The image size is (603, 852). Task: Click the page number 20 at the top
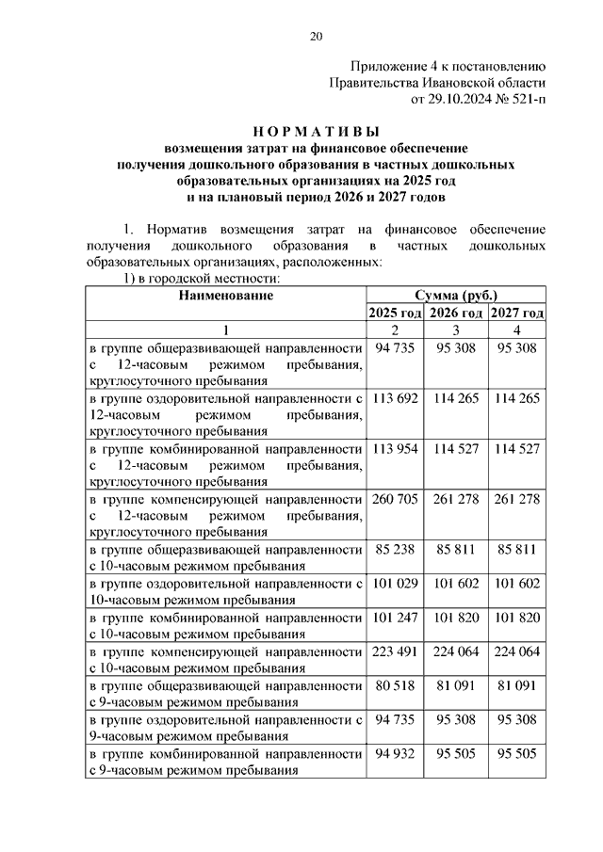(x=316, y=37)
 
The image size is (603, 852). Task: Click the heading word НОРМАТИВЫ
(x=316, y=132)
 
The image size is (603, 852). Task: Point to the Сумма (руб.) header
(x=455, y=296)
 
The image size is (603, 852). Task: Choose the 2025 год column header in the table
(x=395, y=313)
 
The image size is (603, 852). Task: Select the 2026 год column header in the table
(x=456, y=313)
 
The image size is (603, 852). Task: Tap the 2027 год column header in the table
(x=517, y=313)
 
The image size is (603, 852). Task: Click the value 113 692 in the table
(x=395, y=398)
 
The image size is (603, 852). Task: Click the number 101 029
(x=395, y=585)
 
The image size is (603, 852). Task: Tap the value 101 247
(x=395, y=619)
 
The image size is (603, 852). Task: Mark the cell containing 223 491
(x=395, y=652)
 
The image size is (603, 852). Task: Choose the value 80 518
(x=395, y=686)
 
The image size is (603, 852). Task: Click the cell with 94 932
(x=395, y=754)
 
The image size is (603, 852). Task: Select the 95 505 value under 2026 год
(x=456, y=754)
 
